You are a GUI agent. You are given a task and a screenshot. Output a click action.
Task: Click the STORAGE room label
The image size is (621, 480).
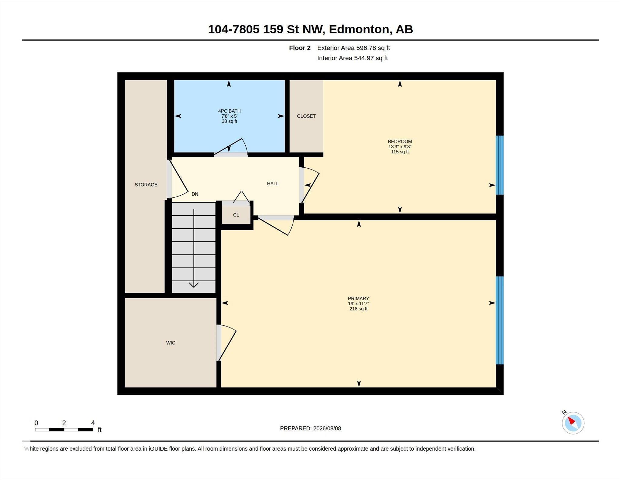[146, 185]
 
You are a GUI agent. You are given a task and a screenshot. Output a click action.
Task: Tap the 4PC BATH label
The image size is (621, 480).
[229, 111]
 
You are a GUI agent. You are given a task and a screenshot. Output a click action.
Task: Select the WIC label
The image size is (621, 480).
[171, 343]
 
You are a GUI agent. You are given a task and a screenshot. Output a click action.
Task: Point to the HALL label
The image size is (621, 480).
[273, 183]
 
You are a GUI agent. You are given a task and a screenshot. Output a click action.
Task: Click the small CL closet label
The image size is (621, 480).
[236, 215]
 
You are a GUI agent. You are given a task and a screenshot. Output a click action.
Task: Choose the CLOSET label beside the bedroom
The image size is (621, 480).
[306, 116]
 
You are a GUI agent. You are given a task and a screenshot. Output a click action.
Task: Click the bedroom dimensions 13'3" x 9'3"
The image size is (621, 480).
[400, 146]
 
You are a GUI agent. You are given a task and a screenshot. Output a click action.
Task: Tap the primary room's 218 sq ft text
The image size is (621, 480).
[358, 309]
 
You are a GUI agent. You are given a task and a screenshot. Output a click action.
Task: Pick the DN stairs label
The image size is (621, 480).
[195, 194]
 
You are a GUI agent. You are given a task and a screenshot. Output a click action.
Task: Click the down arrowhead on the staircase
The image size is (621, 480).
[194, 285]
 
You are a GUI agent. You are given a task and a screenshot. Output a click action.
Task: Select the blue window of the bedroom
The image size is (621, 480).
[499, 165]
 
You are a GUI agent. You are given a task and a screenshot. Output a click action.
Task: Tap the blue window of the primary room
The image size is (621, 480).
[499, 320]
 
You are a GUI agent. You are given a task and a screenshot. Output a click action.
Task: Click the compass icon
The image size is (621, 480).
[573, 423]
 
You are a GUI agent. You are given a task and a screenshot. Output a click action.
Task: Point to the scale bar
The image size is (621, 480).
[64, 429]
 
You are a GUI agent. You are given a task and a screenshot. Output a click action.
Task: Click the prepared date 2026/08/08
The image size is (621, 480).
[327, 428]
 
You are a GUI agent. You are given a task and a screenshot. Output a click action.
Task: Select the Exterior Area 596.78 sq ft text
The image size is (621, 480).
[354, 48]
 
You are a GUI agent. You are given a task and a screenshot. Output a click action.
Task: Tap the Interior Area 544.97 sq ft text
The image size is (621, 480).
[353, 58]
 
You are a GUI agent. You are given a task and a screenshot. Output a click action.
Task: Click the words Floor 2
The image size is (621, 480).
[300, 48]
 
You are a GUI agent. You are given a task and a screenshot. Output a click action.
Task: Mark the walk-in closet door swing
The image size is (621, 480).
[227, 343]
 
